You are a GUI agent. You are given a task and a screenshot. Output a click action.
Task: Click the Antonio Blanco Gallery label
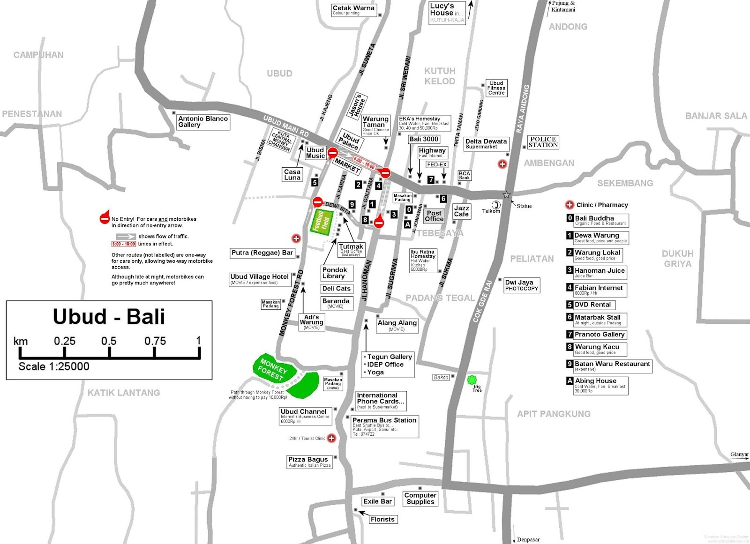click(203, 122)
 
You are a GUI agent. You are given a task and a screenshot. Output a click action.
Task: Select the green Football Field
click(322, 222)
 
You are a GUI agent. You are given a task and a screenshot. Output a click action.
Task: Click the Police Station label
click(543, 142)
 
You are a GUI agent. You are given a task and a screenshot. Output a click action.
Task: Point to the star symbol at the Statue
click(506, 194)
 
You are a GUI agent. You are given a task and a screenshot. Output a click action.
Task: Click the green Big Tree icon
click(472, 380)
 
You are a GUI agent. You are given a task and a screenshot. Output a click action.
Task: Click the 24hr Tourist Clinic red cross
click(331, 438)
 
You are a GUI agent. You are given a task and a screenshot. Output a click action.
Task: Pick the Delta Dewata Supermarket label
click(486, 143)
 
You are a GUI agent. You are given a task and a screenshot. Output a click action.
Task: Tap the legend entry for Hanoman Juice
click(599, 272)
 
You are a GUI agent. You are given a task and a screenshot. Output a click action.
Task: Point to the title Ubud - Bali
click(109, 317)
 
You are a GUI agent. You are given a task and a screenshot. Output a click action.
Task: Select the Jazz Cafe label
click(461, 211)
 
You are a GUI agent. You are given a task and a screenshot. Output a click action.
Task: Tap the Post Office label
click(434, 216)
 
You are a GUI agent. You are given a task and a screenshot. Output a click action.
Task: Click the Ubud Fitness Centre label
click(496, 88)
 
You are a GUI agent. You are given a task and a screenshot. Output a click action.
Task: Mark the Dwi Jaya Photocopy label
click(521, 285)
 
